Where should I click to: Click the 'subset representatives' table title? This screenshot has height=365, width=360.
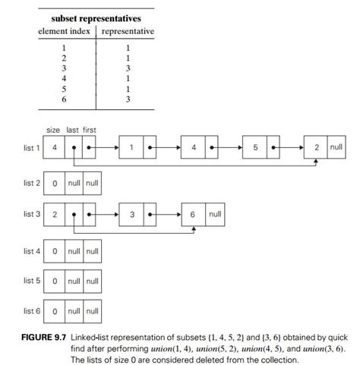[96, 17]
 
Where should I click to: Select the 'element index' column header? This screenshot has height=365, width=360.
[65, 31]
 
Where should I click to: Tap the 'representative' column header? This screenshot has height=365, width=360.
[128, 31]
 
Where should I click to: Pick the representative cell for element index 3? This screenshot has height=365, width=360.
[128, 68]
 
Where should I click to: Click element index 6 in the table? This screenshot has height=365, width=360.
[65, 99]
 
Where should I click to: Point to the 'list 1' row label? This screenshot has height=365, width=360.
[30, 147]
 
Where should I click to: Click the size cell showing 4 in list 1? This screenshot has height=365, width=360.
[54, 147]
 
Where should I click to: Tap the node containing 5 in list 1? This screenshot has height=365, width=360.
[255, 147]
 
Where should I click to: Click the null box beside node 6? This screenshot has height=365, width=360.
[215, 215]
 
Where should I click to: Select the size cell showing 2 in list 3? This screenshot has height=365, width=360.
[54, 215]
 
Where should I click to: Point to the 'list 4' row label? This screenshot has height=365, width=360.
[30, 250]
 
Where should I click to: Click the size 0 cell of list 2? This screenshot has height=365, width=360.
[54, 183]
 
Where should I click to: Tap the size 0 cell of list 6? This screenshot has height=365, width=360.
[54, 311]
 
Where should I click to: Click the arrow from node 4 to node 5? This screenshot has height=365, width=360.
[226, 147]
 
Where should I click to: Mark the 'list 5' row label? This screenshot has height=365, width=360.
[30, 281]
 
